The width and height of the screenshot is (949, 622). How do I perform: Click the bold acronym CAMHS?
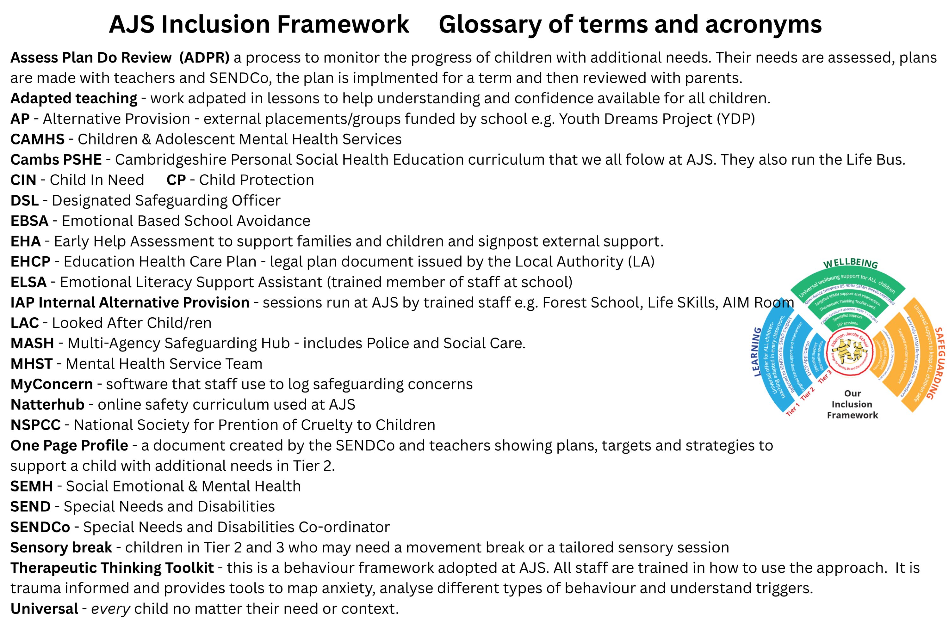(37, 139)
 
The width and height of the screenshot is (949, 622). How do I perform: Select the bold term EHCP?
(30, 261)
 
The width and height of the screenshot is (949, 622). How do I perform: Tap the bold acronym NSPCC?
(35, 425)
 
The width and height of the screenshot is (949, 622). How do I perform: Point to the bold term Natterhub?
(47, 405)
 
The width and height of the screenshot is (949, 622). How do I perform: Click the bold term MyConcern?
(52, 384)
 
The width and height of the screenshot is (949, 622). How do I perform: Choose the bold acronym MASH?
(32, 343)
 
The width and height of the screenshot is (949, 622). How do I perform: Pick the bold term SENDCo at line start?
(40, 527)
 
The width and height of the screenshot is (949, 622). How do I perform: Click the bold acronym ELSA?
(28, 282)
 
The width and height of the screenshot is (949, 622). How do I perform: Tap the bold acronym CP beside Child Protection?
(176, 180)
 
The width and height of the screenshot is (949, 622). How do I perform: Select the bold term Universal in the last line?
(44, 608)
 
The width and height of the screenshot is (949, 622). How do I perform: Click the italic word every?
(110, 608)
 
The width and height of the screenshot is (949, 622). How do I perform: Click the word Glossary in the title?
(490, 24)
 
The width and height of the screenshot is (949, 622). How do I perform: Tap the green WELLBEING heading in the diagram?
(850, 263)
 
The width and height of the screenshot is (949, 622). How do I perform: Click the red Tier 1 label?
(793, 410)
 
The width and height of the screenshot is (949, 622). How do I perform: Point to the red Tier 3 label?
(825, 376)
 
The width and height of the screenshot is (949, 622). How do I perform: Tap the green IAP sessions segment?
(847, 324)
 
